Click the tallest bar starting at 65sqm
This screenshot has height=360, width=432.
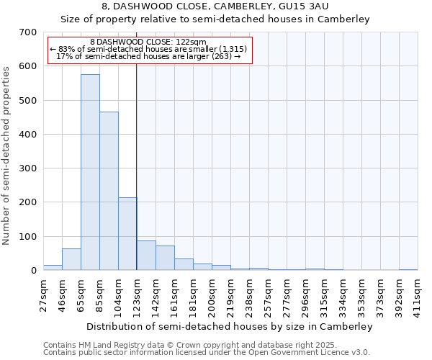90,173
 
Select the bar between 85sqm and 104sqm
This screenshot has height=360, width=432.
109,192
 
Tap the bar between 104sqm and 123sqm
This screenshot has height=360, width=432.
127,234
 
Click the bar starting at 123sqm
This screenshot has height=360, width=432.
146,256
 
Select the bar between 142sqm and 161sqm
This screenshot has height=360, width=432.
165,258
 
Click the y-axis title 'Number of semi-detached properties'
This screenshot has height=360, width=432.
6,155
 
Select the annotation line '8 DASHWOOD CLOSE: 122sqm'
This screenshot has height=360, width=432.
150,42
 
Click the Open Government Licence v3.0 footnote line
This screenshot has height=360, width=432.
207,352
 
